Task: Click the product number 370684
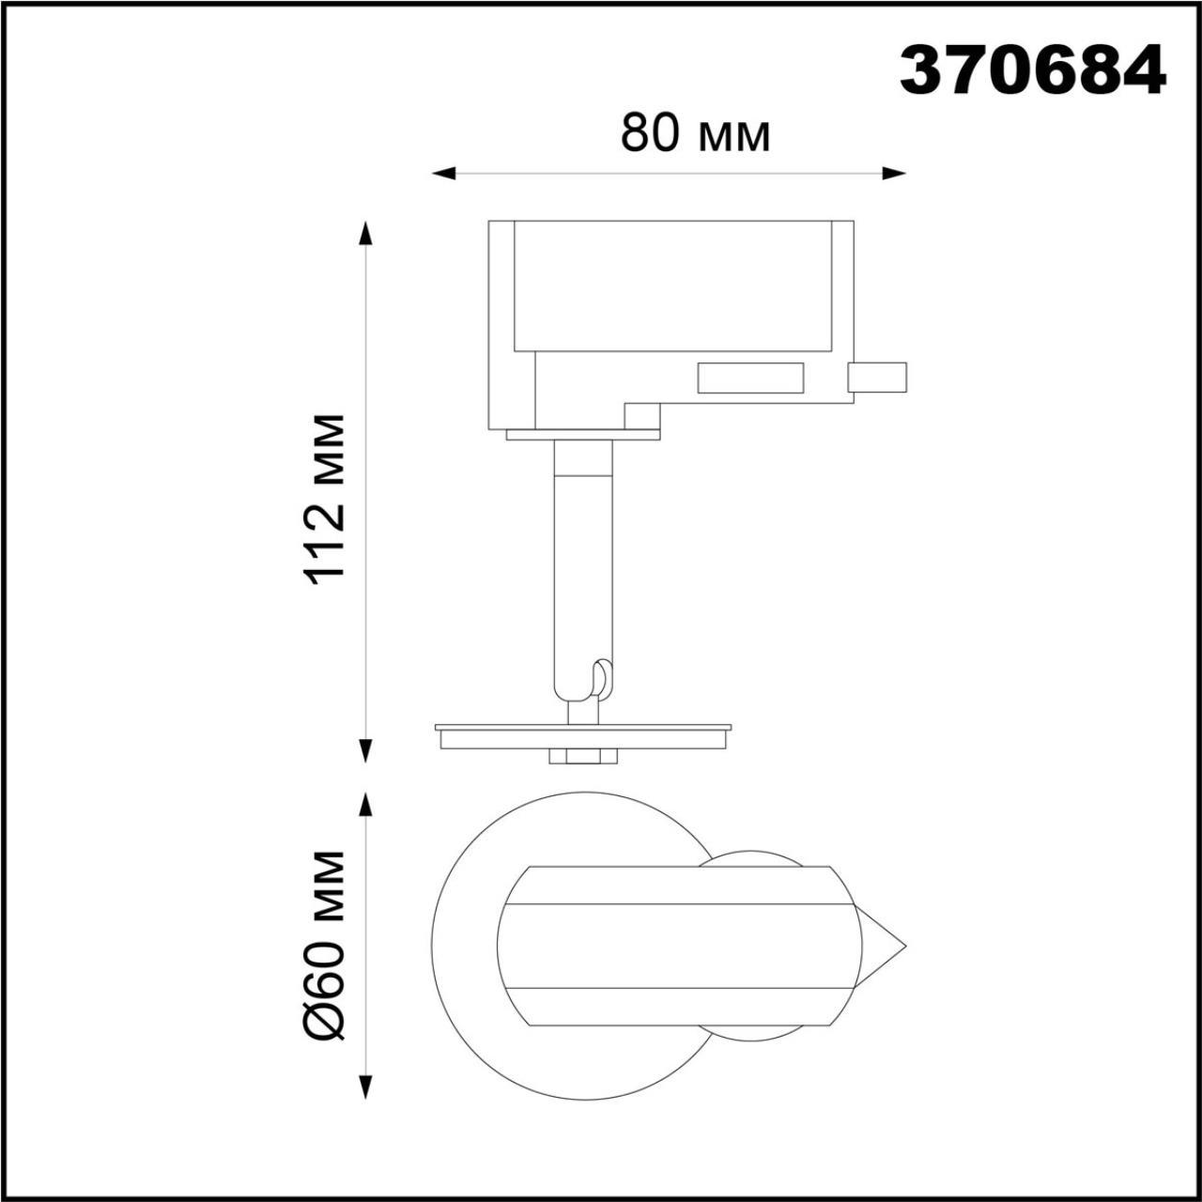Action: [1032, 71]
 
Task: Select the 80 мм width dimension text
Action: [695, 134]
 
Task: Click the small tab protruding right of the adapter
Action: [877, 377]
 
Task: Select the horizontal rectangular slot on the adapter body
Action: [749, 378]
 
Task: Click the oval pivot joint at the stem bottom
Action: [602, 678]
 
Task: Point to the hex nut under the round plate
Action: [582, 755]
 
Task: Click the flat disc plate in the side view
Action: [582, 733]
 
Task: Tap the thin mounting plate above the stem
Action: [582, 435]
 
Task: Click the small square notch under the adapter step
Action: [642, 415]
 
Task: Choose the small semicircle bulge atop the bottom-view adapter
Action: [751, 858]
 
